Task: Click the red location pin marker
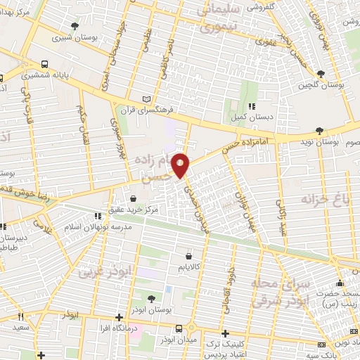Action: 181,165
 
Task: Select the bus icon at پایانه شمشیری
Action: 45,63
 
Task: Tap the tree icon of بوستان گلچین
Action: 321,74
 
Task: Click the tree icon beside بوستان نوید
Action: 321,131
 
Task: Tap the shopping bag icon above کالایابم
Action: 190,257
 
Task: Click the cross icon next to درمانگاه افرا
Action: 120,317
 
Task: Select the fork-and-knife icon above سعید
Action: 20,316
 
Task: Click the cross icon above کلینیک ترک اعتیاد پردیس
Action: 225,333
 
